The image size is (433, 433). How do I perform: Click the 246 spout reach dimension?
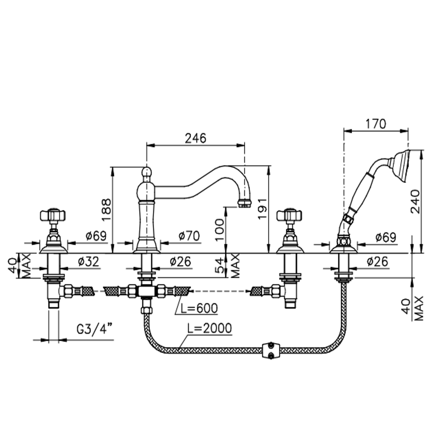coord(195,138)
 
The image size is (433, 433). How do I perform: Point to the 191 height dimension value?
coord(263,209)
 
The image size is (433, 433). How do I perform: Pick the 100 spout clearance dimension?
coord(219,230)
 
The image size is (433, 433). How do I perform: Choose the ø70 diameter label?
coord(189,236)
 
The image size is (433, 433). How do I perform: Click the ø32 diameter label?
coord(89,262)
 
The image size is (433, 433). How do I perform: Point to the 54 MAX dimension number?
coord(220,265)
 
